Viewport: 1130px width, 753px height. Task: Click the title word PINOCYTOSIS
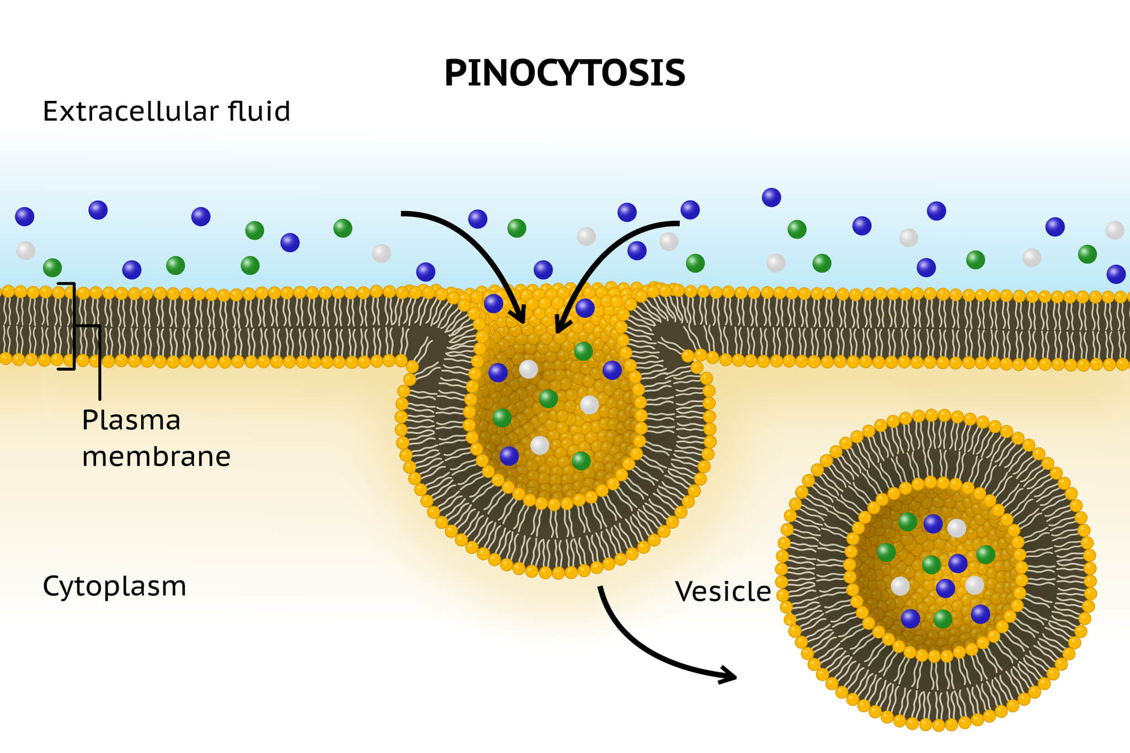564,73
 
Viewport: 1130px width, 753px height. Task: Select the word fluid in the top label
259,111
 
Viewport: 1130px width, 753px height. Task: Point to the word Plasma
131,420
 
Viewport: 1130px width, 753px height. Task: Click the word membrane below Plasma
156,457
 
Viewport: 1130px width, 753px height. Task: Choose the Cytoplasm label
114,586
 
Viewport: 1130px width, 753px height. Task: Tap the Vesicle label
723,592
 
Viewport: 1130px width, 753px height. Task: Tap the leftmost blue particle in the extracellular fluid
25,216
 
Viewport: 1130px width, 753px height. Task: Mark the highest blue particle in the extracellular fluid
771,197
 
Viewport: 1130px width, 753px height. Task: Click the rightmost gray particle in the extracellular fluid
1115,230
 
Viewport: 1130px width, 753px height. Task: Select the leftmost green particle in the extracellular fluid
52,268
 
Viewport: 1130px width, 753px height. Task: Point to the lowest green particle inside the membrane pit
581,460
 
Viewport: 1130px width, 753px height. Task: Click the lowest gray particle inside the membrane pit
540,445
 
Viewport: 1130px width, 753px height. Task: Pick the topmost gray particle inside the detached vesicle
957,528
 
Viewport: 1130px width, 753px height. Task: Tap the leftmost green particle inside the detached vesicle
886,552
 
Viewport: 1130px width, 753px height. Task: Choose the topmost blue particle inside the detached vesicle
933,524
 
